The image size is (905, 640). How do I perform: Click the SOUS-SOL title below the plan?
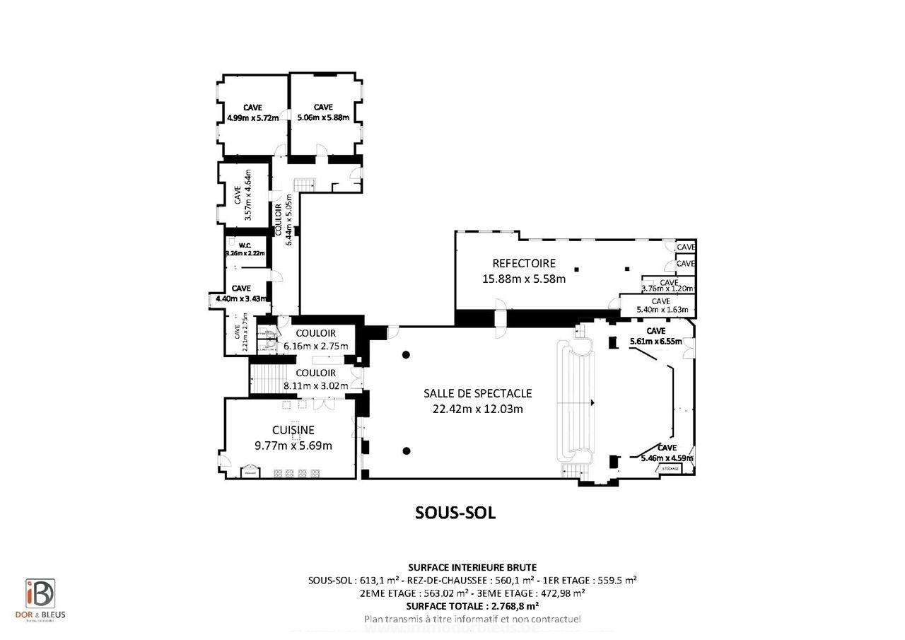coord(455,513)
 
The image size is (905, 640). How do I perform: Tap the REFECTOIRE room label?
coord(524,263)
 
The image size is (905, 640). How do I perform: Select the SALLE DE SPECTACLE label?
coord(477,393)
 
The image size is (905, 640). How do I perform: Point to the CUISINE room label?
coord(293,430)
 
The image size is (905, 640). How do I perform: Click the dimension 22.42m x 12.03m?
coord(477,408)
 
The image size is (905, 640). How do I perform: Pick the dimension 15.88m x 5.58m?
coord(524,279)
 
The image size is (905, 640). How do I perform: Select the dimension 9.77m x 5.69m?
coord(293,446)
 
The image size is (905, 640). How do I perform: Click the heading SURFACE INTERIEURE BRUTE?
coord(472,567)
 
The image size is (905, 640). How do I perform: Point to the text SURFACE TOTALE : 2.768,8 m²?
coord(472,606)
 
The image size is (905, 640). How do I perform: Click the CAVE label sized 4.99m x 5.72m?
coord(252,107)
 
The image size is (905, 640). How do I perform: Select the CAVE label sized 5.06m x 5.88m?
coord(323,107)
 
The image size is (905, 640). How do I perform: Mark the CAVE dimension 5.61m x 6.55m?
coord(655,342)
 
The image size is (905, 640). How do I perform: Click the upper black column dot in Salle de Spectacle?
coord(407,354)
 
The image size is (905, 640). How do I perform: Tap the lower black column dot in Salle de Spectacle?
coord(407,450)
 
